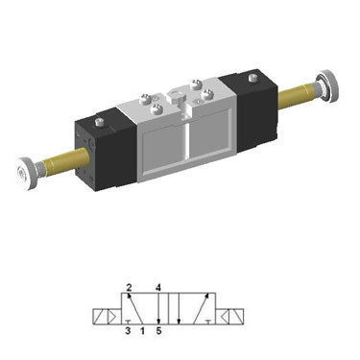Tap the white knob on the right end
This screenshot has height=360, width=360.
327,85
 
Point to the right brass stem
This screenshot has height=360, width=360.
298,95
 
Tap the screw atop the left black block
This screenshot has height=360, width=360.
100,123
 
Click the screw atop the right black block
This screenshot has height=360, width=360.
253,78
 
